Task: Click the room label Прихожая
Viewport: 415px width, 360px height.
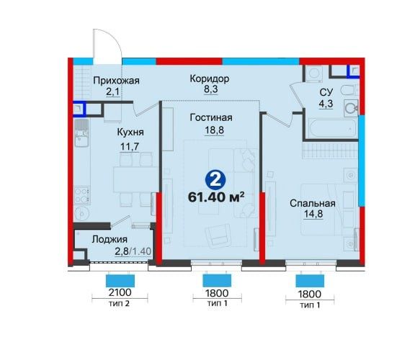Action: tap(116, 81)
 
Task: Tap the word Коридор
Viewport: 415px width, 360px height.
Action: tap(210, 78)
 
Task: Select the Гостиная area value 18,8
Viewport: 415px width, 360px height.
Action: tap(214, 130)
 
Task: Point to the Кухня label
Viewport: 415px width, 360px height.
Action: tap(130, 132)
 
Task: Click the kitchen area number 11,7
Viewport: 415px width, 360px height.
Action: tap(130, 146)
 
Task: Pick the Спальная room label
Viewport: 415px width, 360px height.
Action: tap(313, 204)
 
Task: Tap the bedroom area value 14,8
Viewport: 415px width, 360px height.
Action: tap(313, 213)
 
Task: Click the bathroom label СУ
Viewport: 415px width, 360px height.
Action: tap(326, 92)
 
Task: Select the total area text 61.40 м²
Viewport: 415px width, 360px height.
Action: tap(216, 197)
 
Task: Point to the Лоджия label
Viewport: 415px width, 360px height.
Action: tap(110, 239)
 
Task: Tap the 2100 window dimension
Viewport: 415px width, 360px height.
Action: tap(120, 292)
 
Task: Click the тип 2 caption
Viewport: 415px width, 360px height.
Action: tap(119, 303)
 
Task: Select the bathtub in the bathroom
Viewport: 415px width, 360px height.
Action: tap(332, 129)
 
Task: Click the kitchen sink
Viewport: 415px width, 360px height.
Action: tap(81, 133)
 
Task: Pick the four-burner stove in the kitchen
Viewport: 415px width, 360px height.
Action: tap(81, 195)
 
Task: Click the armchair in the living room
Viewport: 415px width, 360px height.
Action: tap(218, 235)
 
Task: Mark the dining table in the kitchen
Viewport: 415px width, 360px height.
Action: tap(135, 179)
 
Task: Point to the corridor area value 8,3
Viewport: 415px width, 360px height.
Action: tap(210, 89)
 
